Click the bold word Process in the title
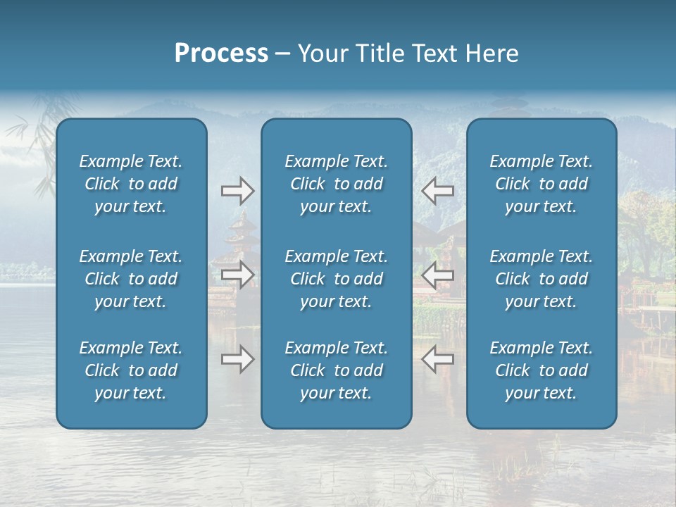pyautogui.click(x=221, y=53)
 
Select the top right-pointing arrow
pyautogui.click(x=237, y=190)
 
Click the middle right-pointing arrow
pyautogui.click(x=237, y=275)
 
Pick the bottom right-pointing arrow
pyautogui.click(x=237, y=359)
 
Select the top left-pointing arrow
pyautogui.click(x=437, y=190)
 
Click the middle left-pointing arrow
pyautogui.click(x=437, y=275)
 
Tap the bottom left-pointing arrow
pyautogui.click(x=437, y=359)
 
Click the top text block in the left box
pyautogui.click(x=131, y=184)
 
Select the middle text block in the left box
pyautogui.click(x=131, y=279)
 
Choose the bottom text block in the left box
pyautogui.click(x=131, y=370)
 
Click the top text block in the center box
pyautogui.click(x=337, y=184)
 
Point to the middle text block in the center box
pyautogui.click(x=337, y=279)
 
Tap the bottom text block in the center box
pyautogui.click(x=337, y=370)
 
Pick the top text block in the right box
pyautogui.click(x=542, y=184)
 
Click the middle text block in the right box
pyautogui.click(x=542, y=279)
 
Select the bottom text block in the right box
pyautogui.click(x=542, y=370)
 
